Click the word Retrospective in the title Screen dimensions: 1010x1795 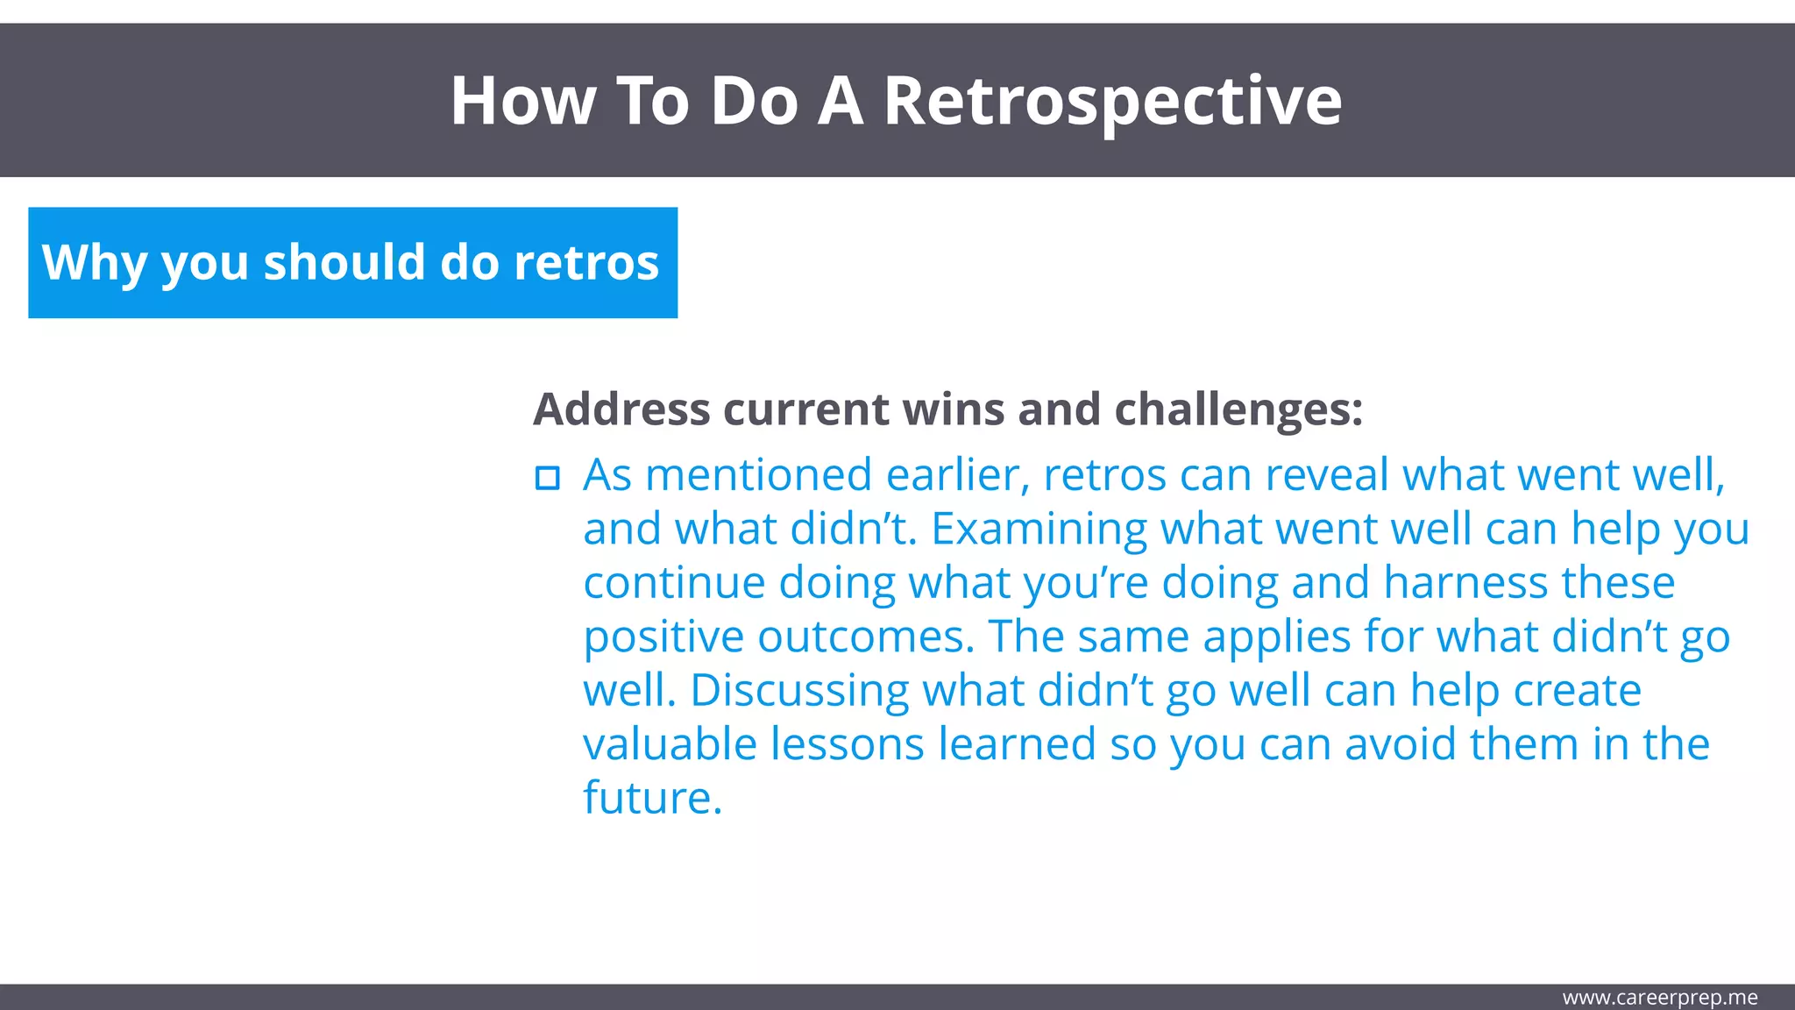1111,102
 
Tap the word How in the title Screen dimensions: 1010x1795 522,102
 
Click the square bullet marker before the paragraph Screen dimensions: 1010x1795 548,478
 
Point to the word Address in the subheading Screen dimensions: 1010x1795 621,409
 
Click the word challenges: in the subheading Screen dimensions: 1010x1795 1238,409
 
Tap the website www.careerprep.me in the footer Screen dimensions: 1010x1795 1659,998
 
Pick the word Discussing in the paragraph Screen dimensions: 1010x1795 799,691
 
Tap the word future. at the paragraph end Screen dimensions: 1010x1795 652,799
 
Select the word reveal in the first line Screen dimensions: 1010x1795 1326,475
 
